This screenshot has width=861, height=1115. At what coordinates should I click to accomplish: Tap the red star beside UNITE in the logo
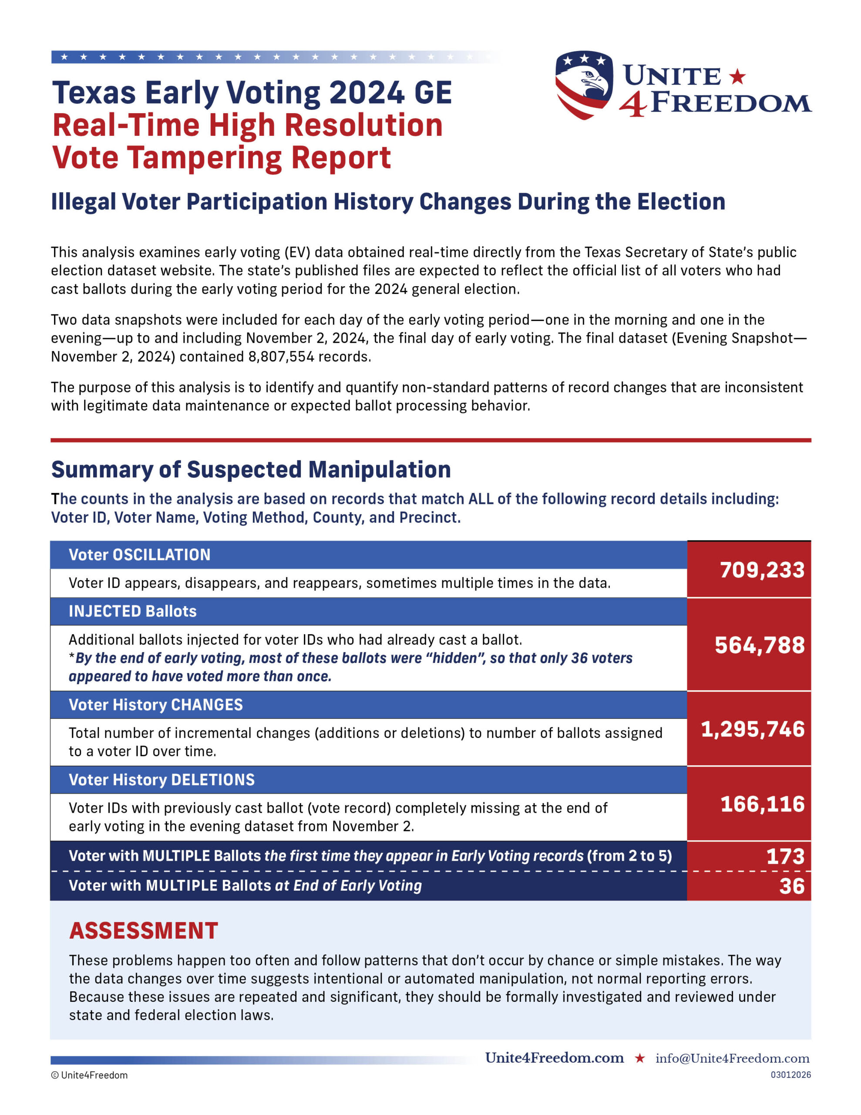click(737, 77)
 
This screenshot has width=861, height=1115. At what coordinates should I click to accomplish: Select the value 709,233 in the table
click(762, 570)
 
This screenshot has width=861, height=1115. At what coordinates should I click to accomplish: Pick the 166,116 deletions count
click(763, 804)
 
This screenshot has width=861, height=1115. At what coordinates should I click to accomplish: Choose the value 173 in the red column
click(785, 856)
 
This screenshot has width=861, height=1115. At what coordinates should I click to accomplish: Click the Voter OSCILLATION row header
click(139, 555)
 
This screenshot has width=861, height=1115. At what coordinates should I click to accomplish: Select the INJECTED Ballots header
click(133, 611)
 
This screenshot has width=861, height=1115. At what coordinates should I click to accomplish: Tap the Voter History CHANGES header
click(156, 705)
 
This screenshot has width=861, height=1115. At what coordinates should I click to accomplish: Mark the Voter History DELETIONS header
click(161, 780)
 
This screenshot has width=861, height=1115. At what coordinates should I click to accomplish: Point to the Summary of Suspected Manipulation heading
click(251, 470)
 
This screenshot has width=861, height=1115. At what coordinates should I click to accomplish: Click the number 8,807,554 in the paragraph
click(281, 356)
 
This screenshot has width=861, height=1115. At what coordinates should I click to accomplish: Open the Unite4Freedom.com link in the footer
click(554, 1058)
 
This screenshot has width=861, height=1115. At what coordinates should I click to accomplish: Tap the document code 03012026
click(790, 1074)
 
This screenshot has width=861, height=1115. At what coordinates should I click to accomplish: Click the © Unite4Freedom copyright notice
click(89, 1075)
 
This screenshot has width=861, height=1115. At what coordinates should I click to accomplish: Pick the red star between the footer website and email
click(639, 1058)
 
